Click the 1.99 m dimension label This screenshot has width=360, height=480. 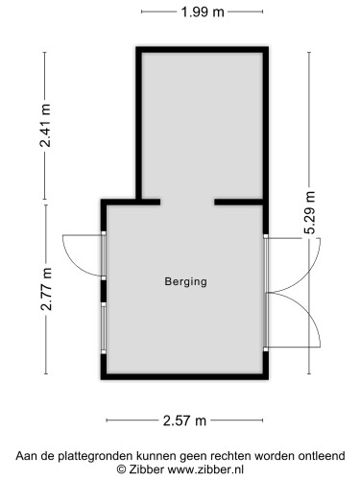(203, 12)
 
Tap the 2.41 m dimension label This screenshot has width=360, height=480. (45, 126)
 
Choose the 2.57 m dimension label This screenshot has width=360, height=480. (185, 420)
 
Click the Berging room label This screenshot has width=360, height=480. (185, 282)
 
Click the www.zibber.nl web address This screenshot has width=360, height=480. (205, 468)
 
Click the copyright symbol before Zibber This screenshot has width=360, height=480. (122, 468)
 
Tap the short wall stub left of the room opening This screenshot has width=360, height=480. (149, 203)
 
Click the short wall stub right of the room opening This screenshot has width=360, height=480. (227, 203)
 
